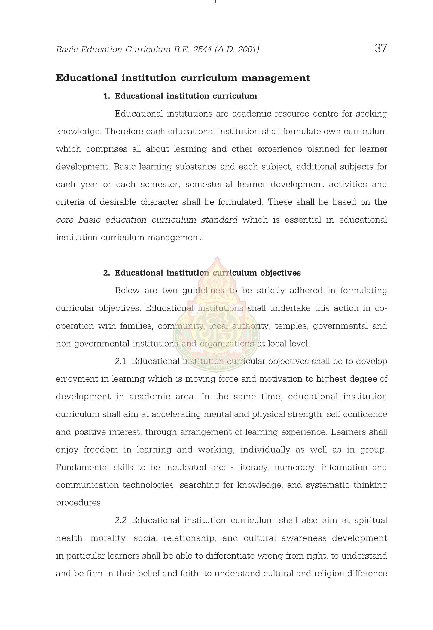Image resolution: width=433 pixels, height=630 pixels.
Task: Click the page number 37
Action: tap(381, 48)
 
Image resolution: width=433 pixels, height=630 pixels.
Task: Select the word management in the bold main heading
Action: tap(276, 78)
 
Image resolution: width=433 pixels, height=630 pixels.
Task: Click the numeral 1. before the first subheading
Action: tap(107, 96)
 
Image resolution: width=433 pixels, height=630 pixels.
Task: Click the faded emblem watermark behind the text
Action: tap(216, 315)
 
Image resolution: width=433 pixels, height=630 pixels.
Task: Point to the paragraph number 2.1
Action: tap(120, 361)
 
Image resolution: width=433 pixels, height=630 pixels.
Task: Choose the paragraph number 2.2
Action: tap(120, 520)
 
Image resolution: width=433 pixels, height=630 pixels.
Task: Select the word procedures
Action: tap(79, 503)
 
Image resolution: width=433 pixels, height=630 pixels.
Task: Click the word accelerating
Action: tap(176, 414)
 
